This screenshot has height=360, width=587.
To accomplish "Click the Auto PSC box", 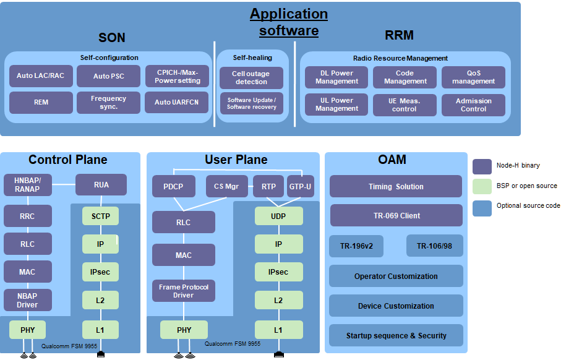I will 109,76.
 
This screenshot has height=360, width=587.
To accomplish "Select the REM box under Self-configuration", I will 41,103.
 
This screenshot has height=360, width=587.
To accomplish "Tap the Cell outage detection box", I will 251,78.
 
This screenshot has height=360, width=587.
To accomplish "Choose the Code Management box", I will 405,77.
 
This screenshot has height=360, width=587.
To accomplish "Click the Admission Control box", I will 473,105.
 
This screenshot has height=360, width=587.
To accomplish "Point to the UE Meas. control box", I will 405,105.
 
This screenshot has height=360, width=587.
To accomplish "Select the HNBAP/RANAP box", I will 27,184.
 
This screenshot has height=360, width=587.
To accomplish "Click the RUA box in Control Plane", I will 101,184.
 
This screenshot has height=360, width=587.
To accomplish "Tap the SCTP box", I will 100,216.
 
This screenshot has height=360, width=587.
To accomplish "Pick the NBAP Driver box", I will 27,301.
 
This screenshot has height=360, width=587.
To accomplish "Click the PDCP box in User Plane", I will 174,186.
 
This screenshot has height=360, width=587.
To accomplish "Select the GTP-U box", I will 301,186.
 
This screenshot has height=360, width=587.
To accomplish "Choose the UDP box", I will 278,216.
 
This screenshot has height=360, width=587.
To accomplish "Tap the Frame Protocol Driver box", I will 184,291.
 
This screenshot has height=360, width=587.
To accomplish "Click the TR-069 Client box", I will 396,216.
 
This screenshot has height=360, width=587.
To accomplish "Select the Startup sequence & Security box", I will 396,336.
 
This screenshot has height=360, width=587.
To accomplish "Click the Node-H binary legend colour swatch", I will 482,166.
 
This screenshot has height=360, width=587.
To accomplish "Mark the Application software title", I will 289,22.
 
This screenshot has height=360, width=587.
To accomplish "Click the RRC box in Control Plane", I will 27,216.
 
